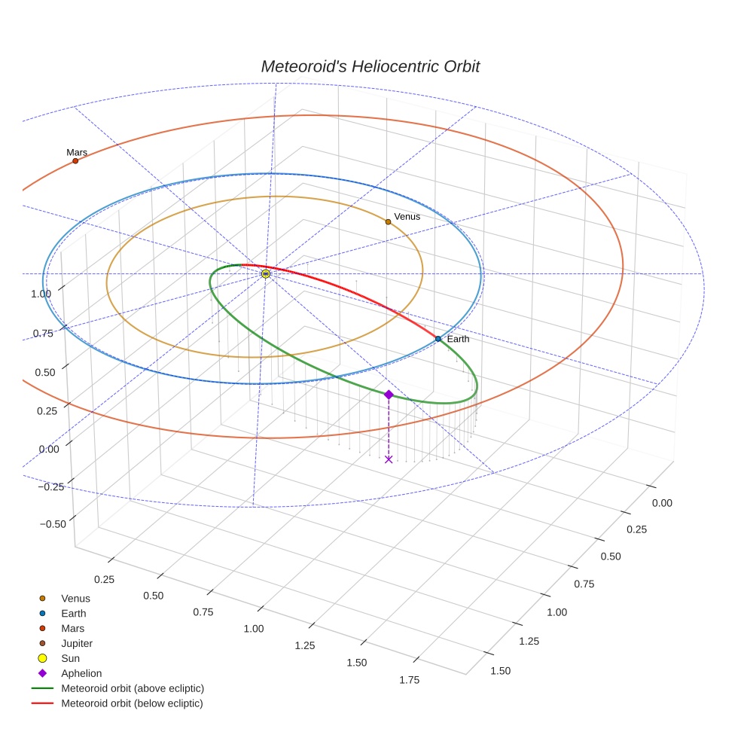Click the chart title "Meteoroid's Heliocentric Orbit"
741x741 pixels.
(370, 66)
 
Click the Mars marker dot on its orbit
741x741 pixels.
(75, 160)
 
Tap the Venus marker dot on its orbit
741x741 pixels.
(388, 221)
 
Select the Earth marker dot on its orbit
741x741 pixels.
(438, 339)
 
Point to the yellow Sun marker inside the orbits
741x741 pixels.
(266, 273)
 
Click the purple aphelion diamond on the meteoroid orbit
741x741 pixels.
(389, 395)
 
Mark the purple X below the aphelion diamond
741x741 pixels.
(389, 459)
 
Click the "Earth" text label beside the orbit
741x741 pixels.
(458, 339)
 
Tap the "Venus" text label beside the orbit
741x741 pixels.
(407, 217)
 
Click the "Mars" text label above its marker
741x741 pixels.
(77, 152)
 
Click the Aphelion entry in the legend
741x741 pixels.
(81, 673)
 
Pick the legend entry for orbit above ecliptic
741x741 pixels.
(133, 688)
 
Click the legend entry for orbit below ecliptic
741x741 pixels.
(132, 703)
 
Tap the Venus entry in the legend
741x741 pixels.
(75, 598)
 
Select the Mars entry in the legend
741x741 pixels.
(72, 628)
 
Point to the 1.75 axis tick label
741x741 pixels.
(410, 679)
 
